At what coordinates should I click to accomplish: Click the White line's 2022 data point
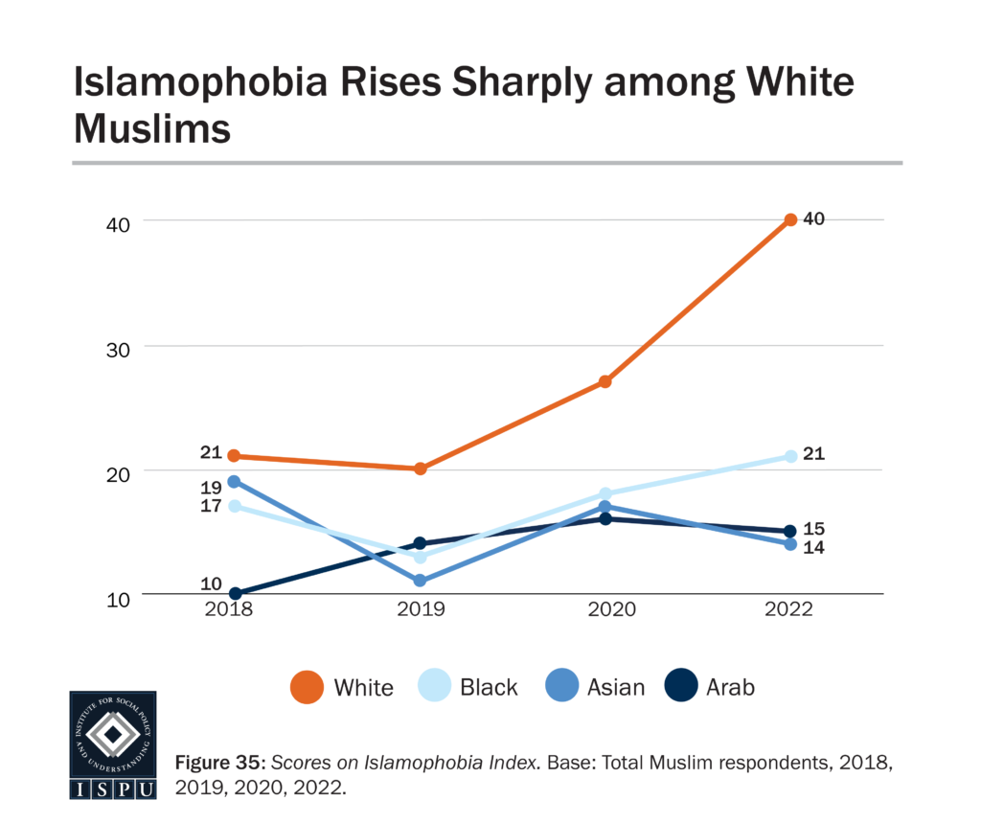[790, 220]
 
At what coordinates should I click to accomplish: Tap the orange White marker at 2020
[605, 381]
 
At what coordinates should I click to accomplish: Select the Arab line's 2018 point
[235, 594]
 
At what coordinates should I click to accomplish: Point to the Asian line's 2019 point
[420, 581]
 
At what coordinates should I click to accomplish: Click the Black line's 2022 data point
[790, 456]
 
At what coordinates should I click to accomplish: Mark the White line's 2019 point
[420, 469]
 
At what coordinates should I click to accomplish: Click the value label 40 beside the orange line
[814, 218]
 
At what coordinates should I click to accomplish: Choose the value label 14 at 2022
[814, 548]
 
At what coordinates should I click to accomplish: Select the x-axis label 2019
[420, 610]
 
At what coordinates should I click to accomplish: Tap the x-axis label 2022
[790, 610]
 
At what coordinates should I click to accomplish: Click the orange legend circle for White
[307, 687]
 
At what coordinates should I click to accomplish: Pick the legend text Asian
[616, 687]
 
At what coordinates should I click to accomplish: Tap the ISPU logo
[113, 744]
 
